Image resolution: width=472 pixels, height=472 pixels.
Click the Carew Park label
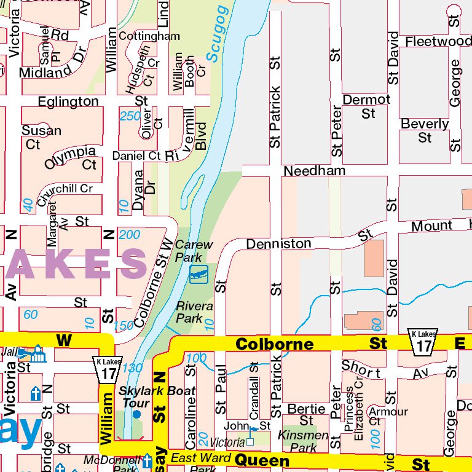194,250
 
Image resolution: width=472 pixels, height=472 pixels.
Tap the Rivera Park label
194,312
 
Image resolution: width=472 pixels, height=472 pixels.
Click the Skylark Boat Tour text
157,396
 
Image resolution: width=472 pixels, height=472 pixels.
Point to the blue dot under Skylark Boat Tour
136,414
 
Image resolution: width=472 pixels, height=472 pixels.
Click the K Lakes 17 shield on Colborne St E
423,341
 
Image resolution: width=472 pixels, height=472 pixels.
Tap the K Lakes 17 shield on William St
108,369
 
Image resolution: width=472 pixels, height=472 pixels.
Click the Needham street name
315,170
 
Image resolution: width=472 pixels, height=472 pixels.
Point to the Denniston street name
278,244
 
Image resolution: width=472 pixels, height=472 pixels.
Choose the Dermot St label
366,106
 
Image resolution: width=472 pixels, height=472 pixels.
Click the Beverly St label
425,130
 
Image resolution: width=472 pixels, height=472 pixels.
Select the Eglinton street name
68,101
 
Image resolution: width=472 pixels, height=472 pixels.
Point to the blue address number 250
130,116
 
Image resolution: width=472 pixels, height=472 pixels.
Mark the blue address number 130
132,368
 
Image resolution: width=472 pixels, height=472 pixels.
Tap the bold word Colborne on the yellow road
274,344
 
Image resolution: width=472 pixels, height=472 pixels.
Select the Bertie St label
306,414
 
